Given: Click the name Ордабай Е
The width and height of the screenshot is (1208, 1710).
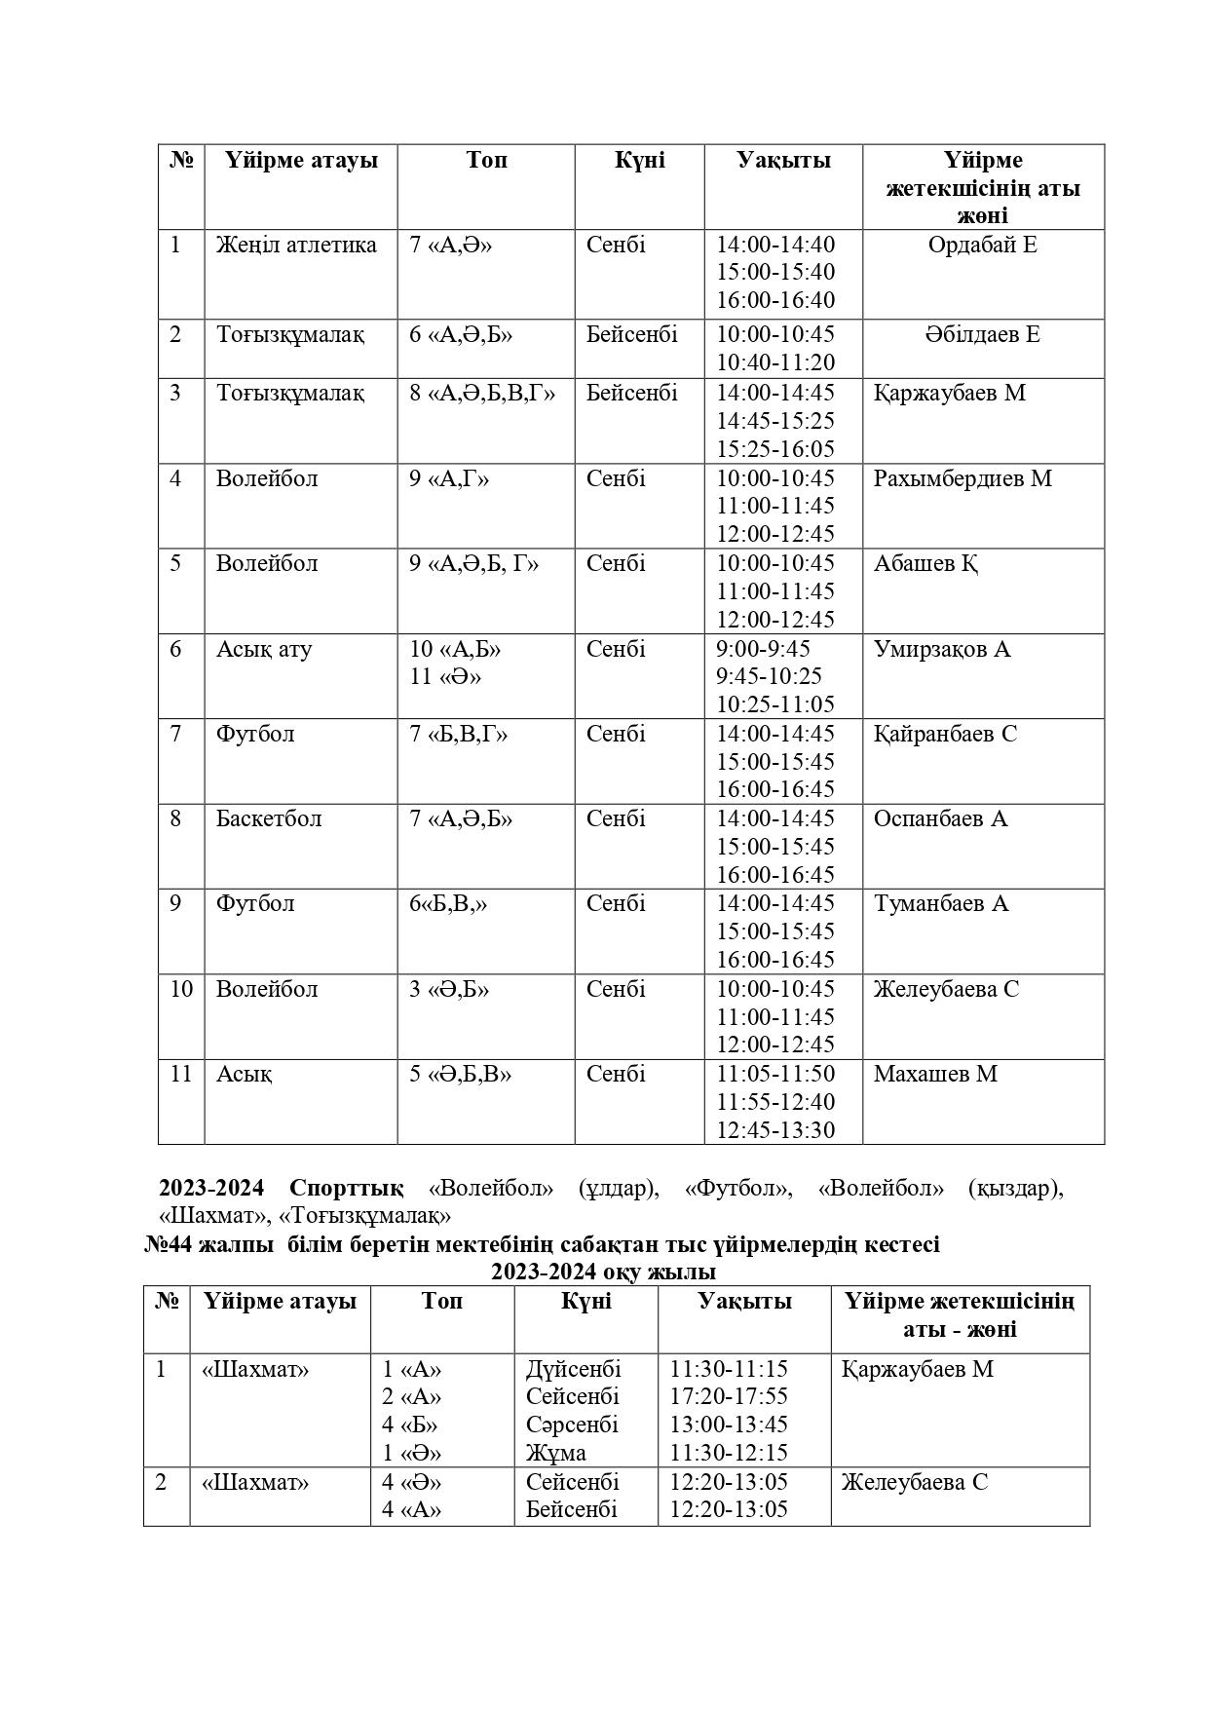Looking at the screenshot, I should point(982,245).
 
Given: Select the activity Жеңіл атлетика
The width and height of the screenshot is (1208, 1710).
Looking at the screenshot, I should point(296,245).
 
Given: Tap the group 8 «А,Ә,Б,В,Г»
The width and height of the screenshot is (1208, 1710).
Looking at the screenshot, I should point(482,394).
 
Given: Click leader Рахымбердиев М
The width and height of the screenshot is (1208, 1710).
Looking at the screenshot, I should point(963,479).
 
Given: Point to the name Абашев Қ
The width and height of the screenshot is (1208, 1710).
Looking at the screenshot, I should point(925,564).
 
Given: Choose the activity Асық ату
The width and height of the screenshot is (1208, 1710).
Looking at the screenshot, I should point(264,649).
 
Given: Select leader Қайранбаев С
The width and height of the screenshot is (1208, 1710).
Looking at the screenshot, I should point(945,734).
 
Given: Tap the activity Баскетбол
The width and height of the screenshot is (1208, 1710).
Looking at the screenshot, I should point(269,818).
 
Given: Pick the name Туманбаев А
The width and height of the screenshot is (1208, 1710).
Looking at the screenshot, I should point(941,903).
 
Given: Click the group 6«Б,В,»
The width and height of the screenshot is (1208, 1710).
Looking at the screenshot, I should point(448,903).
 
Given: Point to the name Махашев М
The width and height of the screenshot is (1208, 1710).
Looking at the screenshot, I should point(935,1074).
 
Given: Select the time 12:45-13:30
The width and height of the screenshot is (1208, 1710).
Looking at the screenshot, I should point(775,1130).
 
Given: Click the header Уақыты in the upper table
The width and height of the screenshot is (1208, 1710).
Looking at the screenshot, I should point(783,160).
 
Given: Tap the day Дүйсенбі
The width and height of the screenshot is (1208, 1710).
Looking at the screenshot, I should point(573,1369).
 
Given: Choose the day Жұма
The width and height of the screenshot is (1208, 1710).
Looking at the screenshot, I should point(556,1453).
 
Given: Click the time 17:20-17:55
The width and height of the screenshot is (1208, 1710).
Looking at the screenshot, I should point(729,1396).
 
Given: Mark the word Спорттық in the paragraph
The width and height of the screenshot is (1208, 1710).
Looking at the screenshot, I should point(346,1189).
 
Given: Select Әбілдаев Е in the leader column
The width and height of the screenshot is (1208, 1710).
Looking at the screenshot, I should point(982,335).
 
